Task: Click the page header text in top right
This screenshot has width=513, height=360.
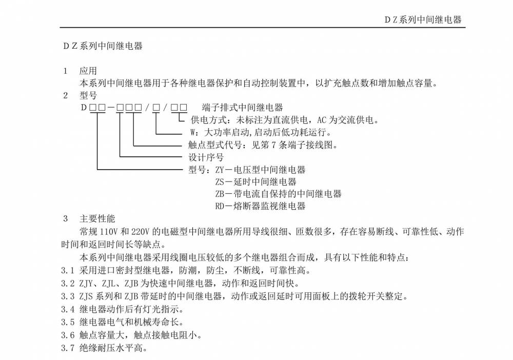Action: [423, 20]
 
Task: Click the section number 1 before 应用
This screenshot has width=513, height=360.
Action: [65, 71]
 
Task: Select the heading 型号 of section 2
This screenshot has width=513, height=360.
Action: [88, 95]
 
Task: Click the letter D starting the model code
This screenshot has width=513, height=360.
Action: [83, 108]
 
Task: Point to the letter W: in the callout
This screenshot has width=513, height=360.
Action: [193, 132]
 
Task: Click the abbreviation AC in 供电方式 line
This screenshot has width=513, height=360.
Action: [322, 120]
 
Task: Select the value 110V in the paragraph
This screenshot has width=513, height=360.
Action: [109, 231]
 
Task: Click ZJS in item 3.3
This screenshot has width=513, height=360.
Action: [88, 296]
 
